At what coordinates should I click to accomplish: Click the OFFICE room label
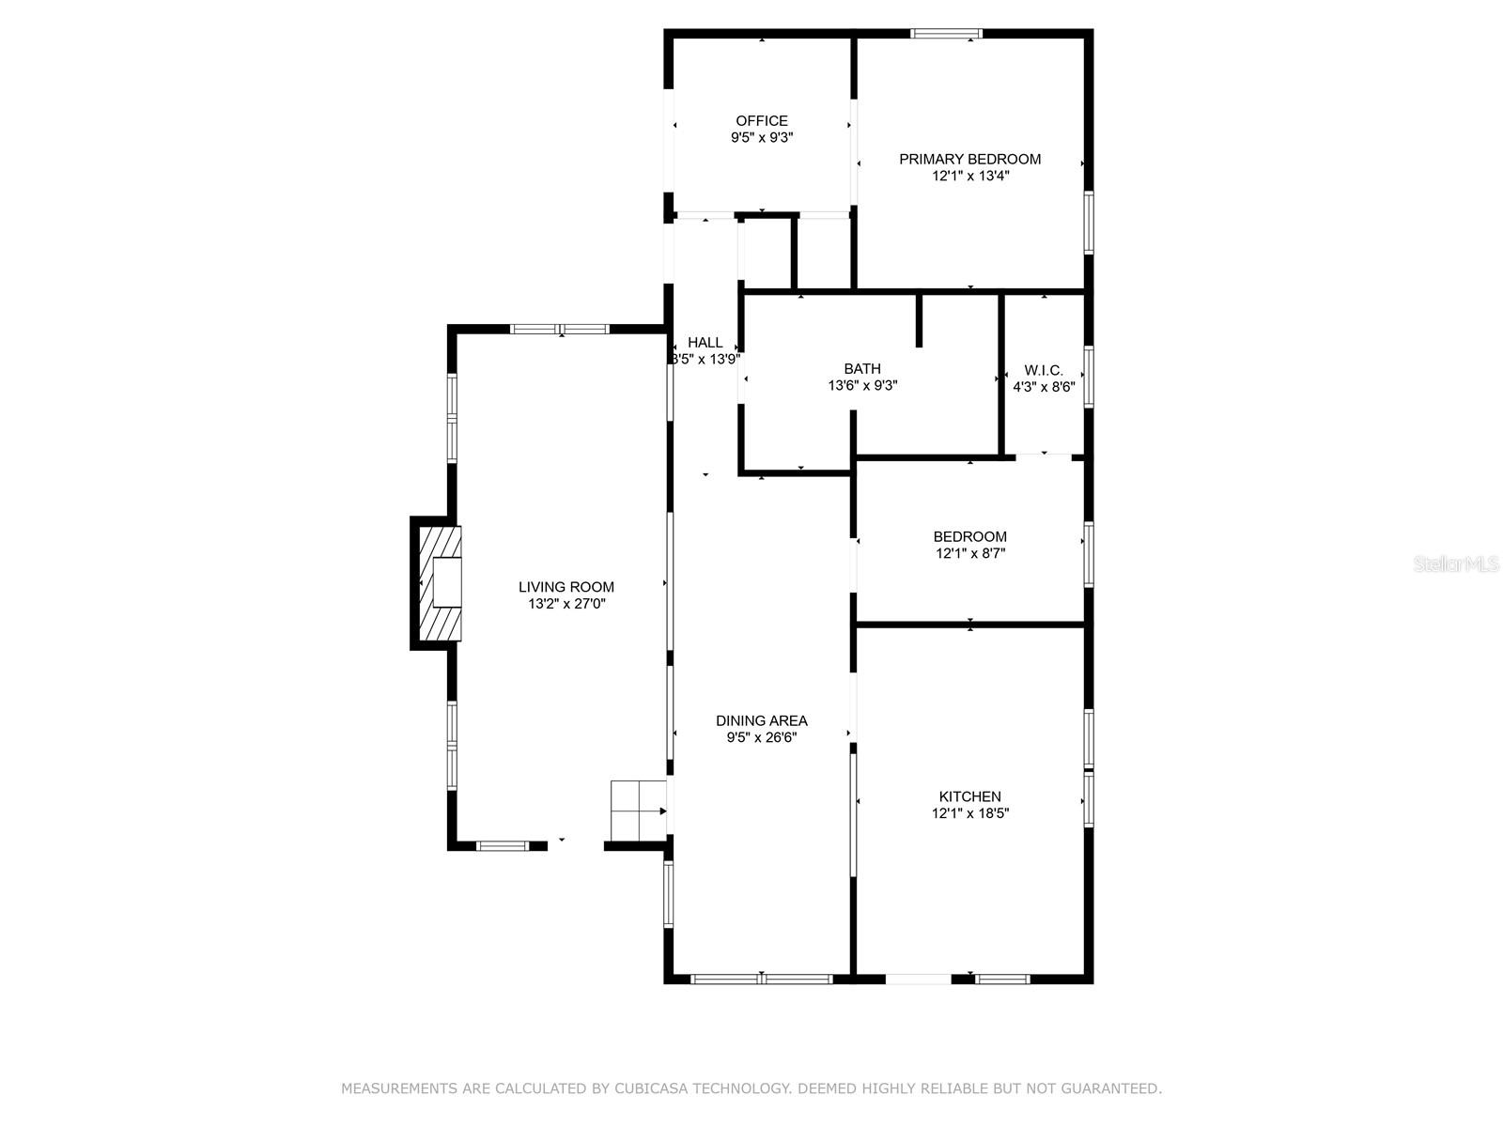click(762, 120)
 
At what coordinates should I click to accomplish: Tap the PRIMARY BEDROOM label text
click(969, 159)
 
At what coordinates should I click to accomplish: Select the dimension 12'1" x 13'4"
click(970, 176)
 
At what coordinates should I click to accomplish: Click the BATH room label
click(862, 369)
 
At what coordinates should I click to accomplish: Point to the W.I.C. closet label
click(1044, 370)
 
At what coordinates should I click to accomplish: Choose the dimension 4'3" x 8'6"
click(1044, 387)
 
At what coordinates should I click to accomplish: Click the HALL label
click(705, 342)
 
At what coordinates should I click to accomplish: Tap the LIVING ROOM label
click(566, 586)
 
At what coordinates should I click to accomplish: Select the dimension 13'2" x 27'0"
click(566, 604)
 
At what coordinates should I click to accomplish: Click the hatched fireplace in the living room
click(441, 583)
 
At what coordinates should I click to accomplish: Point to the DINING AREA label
click(762, 720)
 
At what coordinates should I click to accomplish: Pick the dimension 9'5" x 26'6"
click(762, 737)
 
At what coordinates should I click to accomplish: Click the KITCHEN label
click(969, 796)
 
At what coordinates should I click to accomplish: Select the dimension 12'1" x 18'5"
click(970, 813)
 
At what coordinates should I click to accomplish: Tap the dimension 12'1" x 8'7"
click(970, 553)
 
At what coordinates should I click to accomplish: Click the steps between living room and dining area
click(638, 811)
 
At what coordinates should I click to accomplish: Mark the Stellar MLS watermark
click(1456, 563)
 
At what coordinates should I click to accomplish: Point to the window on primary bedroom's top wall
click(946, 34)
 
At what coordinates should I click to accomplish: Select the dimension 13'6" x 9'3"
click(862, 386)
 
